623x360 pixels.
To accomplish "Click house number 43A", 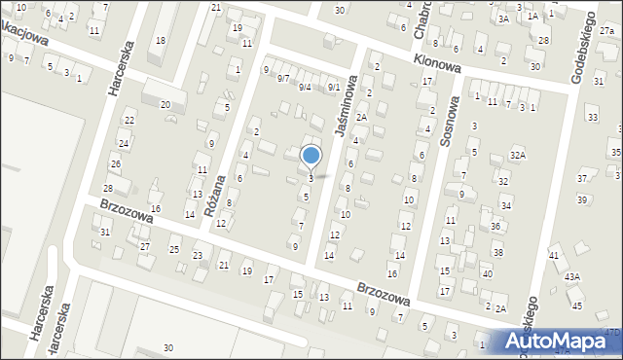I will [x=573, y=277].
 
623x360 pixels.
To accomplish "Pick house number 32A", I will [x=518, y=155].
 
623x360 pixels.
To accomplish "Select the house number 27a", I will [x=607, y=32].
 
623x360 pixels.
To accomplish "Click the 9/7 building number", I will [x=283, y=78].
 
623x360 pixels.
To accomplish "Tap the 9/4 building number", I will [x=305, y=88].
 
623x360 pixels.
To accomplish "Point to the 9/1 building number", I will [x=333, y=88].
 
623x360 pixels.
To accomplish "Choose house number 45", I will [x=576, y=306].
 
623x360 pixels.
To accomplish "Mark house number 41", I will [x=554, y=256].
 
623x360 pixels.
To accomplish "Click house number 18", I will [x=161, y=40].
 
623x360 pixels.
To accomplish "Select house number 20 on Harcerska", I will [x=165, y=104].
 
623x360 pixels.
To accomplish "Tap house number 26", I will [x=115, y=163].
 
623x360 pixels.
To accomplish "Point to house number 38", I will [x=497, y=252].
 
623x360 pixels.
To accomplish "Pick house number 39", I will [x=582, y=199].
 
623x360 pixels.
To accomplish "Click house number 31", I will [x=105, y=232].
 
